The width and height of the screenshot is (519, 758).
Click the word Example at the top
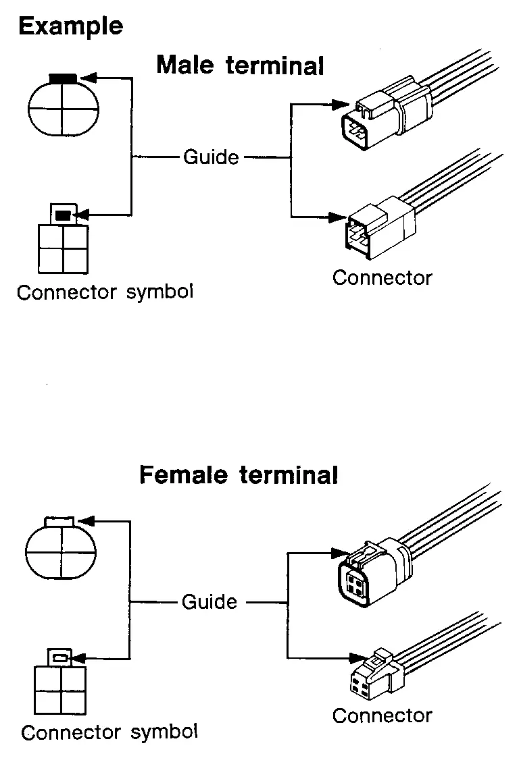70,26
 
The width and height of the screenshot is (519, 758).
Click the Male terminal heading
240,66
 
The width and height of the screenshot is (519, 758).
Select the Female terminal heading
238,475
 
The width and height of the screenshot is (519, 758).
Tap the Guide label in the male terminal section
211,157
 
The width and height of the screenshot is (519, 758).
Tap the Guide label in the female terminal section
209,601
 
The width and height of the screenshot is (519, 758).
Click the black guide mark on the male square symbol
62,215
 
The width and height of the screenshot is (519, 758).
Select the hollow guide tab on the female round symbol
59,520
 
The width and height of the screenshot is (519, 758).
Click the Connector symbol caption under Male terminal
105,292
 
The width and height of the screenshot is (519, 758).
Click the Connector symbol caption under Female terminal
109,732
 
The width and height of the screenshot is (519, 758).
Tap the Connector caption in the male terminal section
382,277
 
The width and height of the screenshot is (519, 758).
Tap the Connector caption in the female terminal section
382,715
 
